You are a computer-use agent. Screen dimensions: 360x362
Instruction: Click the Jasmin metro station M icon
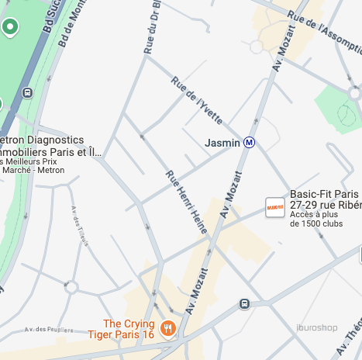(x=250, y=143)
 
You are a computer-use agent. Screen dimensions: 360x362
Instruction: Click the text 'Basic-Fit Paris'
(x=324, y=194)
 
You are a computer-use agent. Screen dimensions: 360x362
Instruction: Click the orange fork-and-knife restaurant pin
(x=168, y=329)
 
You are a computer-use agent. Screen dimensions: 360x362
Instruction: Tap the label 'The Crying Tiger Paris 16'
(x=129, y=329)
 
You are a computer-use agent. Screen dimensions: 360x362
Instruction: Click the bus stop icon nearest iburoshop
(x=245, y=303)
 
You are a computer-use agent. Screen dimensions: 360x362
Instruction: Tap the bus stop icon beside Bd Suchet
(x=28, y=93)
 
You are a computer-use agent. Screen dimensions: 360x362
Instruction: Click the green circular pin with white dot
(x=10, y=28)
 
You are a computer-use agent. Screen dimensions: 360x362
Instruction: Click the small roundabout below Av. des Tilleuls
(x=71, y=287)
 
